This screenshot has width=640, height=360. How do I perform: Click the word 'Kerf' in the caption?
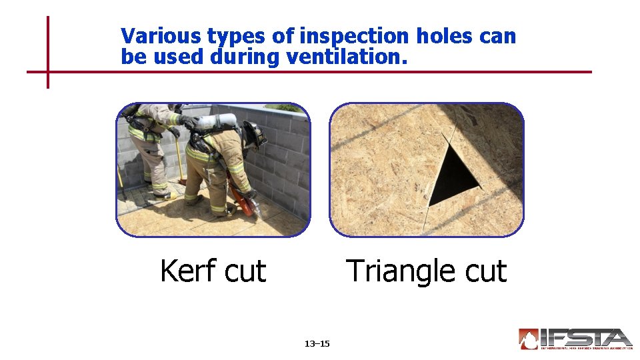tap(188, 271)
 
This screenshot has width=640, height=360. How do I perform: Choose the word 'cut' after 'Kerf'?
tap(245, 271)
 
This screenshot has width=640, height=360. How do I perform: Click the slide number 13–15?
tap(317, 344)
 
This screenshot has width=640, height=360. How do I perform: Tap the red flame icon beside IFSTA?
tap(529, 339)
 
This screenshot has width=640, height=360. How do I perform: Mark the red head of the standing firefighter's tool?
tap(182, 181)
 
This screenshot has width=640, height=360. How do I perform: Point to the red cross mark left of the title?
tap(48, 71)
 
